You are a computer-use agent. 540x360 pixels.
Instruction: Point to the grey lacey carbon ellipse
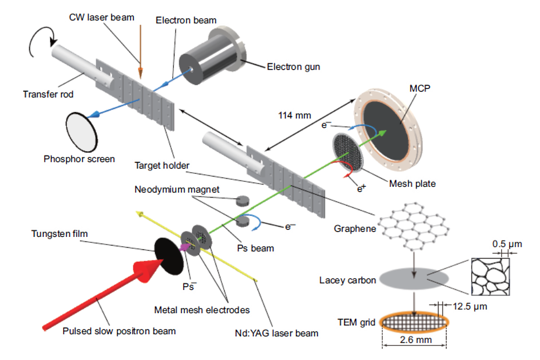coord(414,278)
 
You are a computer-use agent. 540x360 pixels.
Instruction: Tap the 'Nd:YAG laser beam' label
coord(282,333)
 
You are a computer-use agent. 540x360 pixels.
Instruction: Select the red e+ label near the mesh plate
coord(359,189)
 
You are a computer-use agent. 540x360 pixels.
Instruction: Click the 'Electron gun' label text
coord(294,67)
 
